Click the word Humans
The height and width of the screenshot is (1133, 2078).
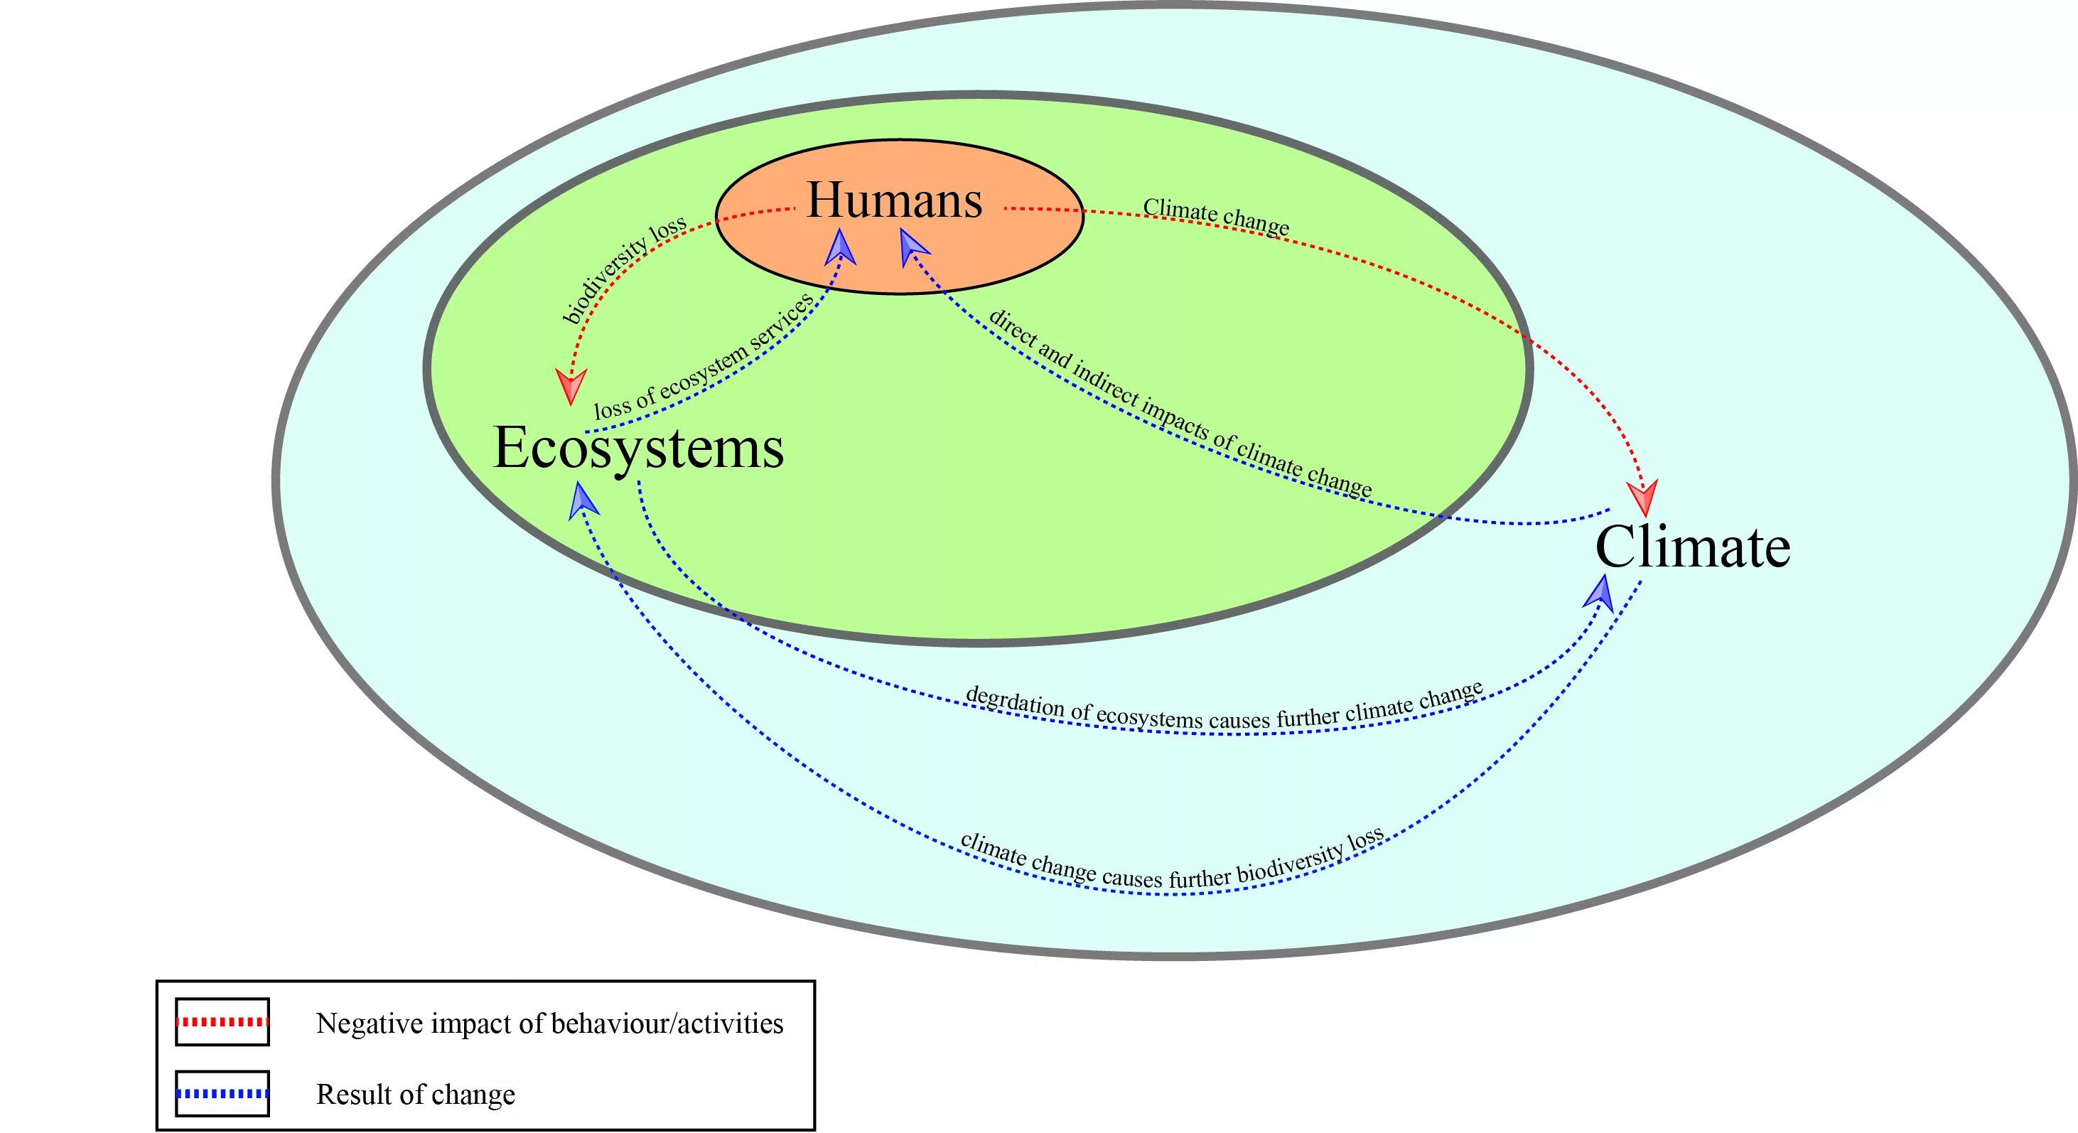pos(895,201)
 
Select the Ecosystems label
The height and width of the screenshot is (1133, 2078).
pos(638,449)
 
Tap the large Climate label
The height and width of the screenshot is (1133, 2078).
pos(1692,548)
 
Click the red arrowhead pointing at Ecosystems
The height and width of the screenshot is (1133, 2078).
pos(571,387)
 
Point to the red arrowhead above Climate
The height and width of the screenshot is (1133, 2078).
pos(1642,497)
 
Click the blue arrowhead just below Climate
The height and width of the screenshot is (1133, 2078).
pos(1600,592)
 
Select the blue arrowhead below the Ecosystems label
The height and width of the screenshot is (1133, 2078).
pos(583,500)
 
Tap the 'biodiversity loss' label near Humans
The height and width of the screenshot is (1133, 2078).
pos(623,268)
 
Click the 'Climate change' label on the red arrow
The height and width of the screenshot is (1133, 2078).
pos(1216,216)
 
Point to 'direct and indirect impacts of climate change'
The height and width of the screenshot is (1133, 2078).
pos(1180,404)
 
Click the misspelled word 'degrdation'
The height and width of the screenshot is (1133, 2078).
pos(1015,702)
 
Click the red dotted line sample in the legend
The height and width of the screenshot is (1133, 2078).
pos(222,1021)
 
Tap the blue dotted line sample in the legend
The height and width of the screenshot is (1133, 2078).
pos(222,1093)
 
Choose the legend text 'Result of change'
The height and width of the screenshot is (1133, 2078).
pos(416,1095)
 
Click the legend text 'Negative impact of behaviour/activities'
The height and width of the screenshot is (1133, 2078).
pos(549,1024)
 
